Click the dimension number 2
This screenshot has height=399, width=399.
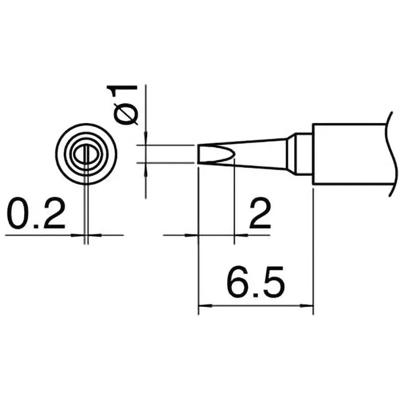[259, 213]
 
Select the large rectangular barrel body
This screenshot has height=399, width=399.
[349, 154]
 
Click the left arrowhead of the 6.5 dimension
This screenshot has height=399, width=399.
[202, 305]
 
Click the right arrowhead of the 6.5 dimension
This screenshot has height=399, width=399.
[309, 305]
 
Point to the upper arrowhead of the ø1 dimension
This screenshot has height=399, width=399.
[146, 141]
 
